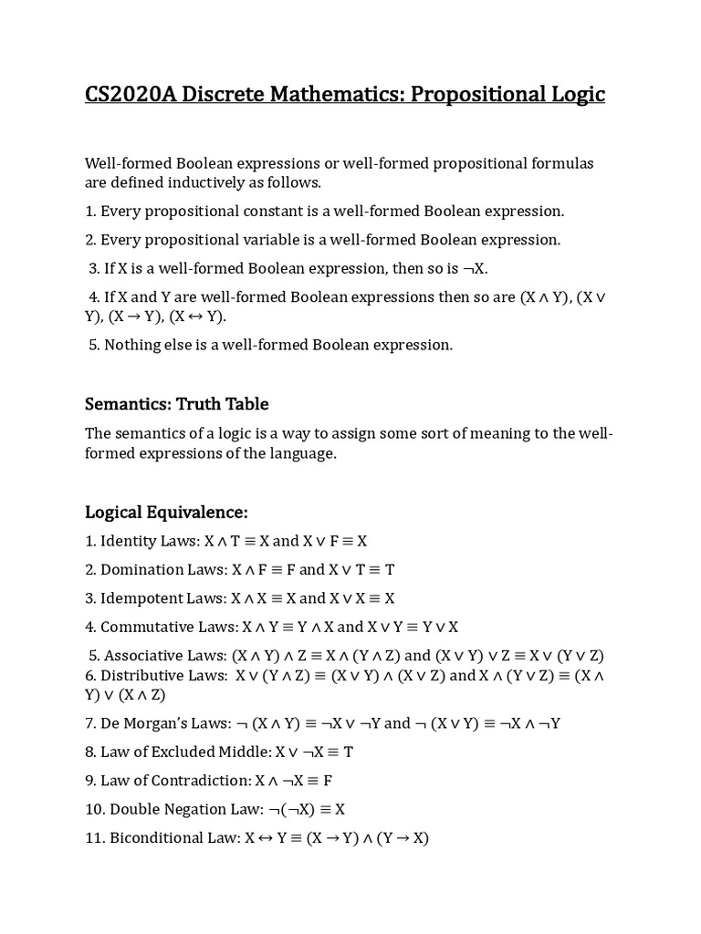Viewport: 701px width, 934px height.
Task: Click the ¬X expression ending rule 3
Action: pyautogui.click(x=480, y=269)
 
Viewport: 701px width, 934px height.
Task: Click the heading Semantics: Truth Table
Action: pyautogui.click(x=176, y=404)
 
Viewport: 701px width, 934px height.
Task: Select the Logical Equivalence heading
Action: pyautogui.click(x=166, y=512)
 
